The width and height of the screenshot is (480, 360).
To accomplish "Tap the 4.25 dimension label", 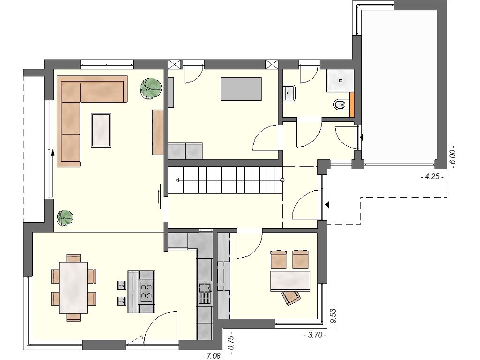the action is (x=432, y=177).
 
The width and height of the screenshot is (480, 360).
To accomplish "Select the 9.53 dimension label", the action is (x=333, y=315).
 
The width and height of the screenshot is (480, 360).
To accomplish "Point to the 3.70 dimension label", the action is (x=315, y=335).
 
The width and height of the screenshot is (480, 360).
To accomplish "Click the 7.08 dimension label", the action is (x=214, y=356).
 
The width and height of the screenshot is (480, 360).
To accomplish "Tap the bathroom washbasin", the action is (x=288, y=93).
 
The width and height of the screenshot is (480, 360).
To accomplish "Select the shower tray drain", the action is (x=341, y=81).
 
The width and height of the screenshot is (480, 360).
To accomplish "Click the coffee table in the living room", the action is (x=101, y=130).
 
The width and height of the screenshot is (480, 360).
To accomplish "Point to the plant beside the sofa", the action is (x=150, y=88).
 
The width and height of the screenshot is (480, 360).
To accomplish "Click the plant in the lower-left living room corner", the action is (x=65, y=218).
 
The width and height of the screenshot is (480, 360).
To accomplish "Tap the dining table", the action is (x=74, y=287).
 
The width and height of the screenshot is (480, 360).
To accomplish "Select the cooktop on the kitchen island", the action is (x=146, y=291).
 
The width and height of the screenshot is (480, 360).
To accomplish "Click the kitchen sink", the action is (x=205, y=293).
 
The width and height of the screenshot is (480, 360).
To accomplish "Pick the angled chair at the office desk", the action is (x=291, y=298).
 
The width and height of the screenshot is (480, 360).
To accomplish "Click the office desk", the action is (x=290, y=281).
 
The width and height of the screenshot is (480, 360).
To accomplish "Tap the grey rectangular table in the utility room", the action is (x=241, y=89).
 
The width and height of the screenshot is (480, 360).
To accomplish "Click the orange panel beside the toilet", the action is (x=352, y=105).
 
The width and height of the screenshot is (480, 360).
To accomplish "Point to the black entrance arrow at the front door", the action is (x=327, y=204).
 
